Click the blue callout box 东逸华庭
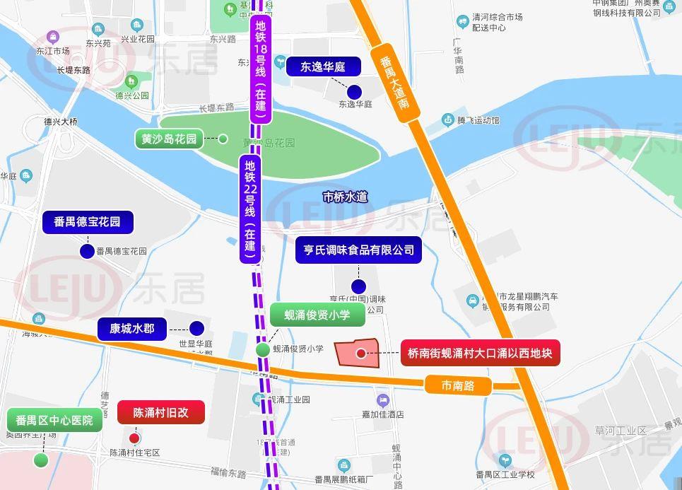tap(322, 67)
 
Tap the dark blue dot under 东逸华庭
tap(355, 91)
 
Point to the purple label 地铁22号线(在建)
tap(250, 209)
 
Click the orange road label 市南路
tap(457, 385)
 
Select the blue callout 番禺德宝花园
tap(88, 222)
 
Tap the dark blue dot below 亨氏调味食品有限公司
tap(358, 286)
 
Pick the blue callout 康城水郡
tap(132, 328)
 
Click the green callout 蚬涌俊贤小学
tap(317, 315)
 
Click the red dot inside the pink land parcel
tap(361, 354)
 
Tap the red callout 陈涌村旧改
tap(161, 412)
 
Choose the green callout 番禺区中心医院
tap(54, 420)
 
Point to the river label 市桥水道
tap(345, 197)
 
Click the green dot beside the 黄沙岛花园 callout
tap(223, 139)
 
